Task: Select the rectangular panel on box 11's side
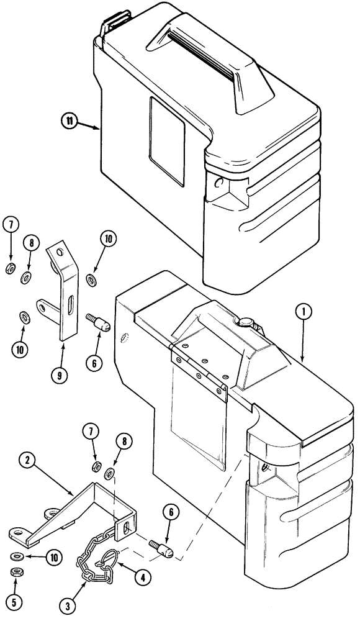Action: [x=168, y=141]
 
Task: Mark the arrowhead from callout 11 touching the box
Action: [x=97, y=128]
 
